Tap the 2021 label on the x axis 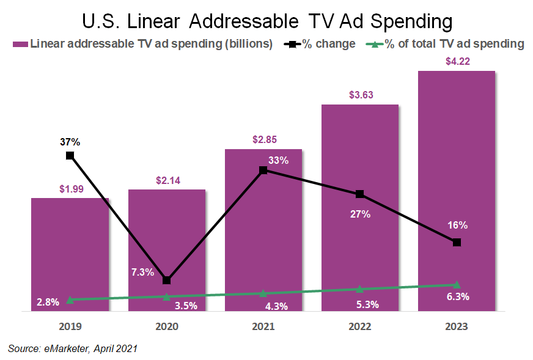263,327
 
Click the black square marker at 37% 70,155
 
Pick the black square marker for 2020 167,280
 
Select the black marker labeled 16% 457,243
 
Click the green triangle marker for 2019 70,299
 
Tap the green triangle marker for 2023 457,284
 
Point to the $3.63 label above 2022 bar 361,95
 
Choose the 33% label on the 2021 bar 278,160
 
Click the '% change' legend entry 327,44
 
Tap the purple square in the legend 20,44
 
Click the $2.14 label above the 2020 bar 167,180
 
